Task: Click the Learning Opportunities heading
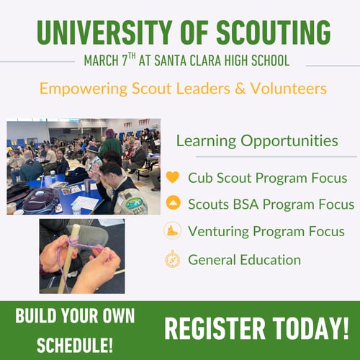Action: pos(256,140)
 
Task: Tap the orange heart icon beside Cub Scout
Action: pos(172,177)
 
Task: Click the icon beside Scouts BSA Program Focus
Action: pos(172,204)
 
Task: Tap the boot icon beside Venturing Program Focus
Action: pos(172,232)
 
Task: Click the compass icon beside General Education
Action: pos(172,259)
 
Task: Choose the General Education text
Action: pos(244,259)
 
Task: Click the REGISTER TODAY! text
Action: pos(256,328)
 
